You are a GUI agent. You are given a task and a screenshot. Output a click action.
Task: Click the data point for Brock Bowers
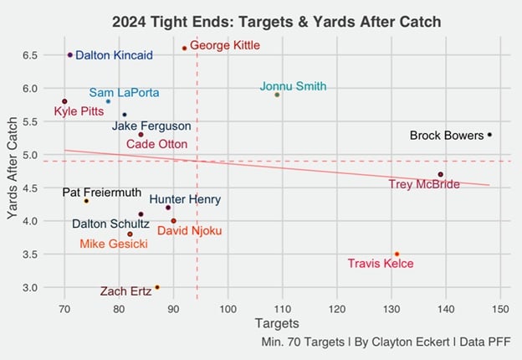click(490, 135)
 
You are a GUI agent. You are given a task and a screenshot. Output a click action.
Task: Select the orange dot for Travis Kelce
click(397, 254)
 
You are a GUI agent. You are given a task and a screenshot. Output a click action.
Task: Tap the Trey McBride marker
click(441, 174)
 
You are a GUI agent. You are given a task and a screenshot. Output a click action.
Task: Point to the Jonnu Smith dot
click(277, 95)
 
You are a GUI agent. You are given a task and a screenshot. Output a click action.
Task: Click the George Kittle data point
click(184, 49)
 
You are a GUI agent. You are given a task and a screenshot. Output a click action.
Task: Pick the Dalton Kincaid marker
click(70, 55)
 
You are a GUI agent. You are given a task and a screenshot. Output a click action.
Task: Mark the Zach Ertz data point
click(157, 287)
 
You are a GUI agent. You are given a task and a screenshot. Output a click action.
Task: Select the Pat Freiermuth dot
click(86, 201)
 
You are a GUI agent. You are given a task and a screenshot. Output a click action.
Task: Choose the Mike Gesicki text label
click(114, 244)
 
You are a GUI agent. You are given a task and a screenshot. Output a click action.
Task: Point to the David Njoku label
click(188, 230)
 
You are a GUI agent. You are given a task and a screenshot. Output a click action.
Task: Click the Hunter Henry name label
click(185, 200)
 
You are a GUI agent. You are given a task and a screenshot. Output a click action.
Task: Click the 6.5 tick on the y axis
click(30, 55)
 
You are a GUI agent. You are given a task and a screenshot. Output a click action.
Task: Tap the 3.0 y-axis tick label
click(30, 287)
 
